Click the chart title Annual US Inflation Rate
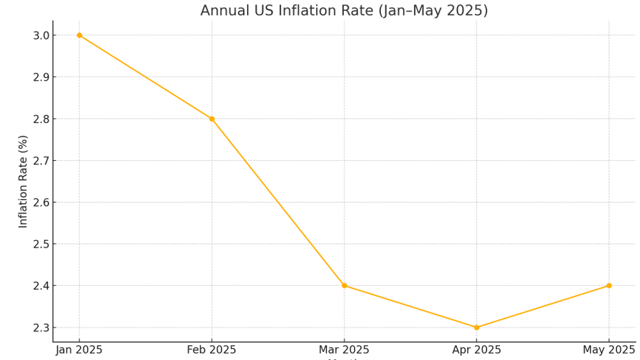[344, 11]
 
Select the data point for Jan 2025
[79, 35]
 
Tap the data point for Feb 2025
[212, 119]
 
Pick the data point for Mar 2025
[344, 286]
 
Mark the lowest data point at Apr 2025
[476, 328]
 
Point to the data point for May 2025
[609, 286]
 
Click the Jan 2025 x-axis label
[79, 350]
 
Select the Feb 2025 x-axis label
[212, 350]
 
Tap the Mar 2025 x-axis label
[344, 350]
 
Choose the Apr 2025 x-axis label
[476, 350]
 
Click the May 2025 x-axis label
[609, 350]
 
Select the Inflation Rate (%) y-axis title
[24, 181]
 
